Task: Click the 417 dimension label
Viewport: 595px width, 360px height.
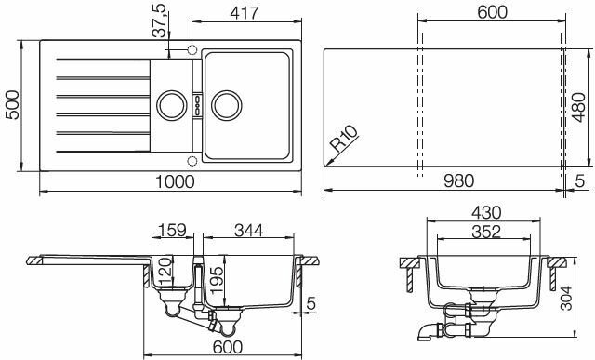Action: pyautogui.click(x=245, y=13)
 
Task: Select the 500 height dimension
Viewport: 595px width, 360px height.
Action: pyautogui.click(x=12, y=105)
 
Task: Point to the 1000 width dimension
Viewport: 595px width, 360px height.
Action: pyautogui.click(x=176, y=181)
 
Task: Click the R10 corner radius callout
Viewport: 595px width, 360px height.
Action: pyautogui.click(x=344, y=139)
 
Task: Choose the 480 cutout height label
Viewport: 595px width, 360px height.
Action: pyautogui.click(x=578, y=108)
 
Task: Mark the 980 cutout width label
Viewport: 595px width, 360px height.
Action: pyautogui.click(x=458, y=180)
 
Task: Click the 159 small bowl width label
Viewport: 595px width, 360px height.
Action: pyautogui.click(x=172, y=230)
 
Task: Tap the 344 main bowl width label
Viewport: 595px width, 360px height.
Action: pyautogui.click(x=248, y=230)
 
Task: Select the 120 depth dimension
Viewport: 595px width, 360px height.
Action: pyautogui.click(x=165, y=271)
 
